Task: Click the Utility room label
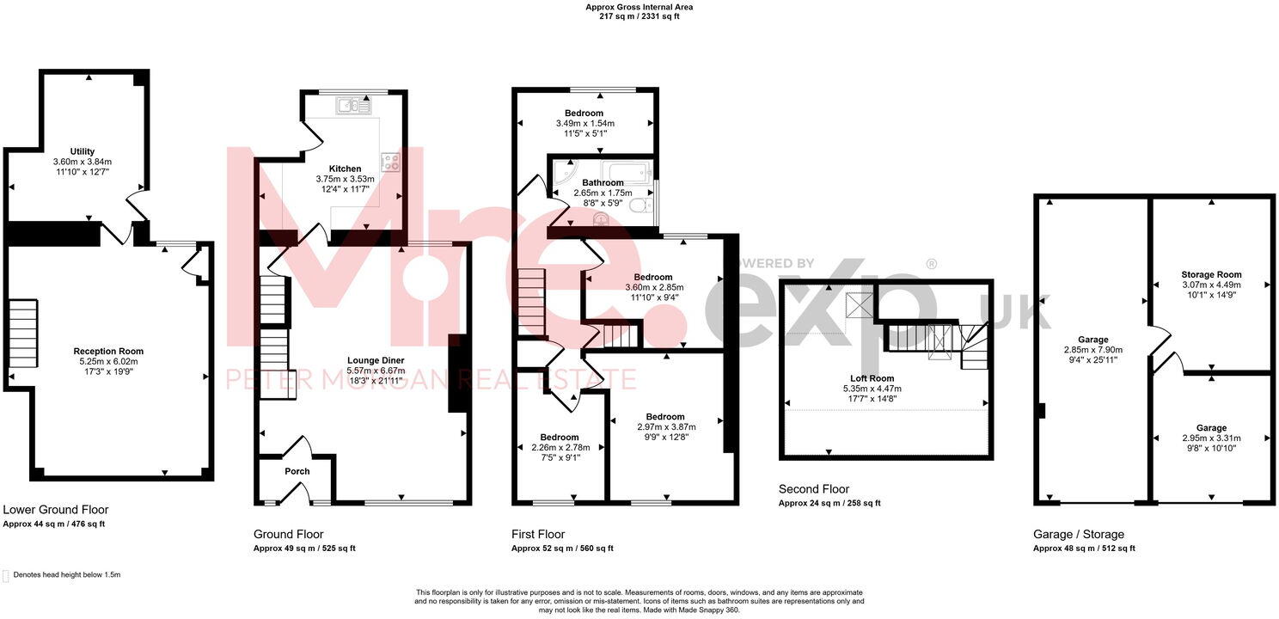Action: click(83, 151)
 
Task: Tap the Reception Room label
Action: click(108, 351)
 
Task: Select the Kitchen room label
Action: click(345, 169)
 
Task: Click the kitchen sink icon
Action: click(353, 106)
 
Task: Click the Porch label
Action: click(297, 471)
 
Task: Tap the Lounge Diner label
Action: click(376, 360)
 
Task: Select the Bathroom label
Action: click(603, 182)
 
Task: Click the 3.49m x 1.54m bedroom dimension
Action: click(584, 124)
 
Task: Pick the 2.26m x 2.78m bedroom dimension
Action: click(559, 447)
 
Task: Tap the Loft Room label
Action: click(873, 378)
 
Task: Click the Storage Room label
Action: click(1211, 275)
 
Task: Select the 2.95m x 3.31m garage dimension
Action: click(1211, 438)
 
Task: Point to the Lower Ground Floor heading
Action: click(56, 510)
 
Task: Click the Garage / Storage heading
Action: click(1078, 534)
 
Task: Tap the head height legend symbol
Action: click(7, 575)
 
